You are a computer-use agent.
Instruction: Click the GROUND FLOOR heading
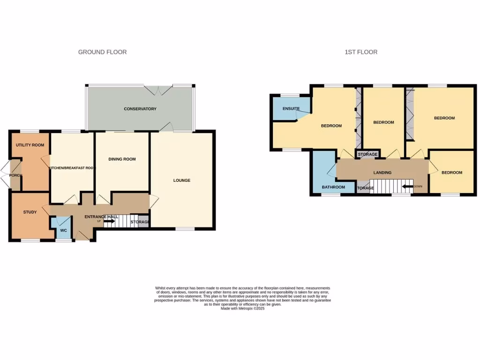point(102,52)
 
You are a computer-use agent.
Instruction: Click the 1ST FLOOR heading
point(361,52)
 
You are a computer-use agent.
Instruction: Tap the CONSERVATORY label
point(140,109)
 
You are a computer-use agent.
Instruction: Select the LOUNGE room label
point(182,180)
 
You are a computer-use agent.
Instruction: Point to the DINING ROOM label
point(122,159)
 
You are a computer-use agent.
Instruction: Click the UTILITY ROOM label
point(30,145)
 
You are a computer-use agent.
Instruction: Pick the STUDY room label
point(30,212)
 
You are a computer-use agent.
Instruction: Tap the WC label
point(64,231)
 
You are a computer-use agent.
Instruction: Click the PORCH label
point(15,175)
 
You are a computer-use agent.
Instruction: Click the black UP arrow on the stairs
point(110,221)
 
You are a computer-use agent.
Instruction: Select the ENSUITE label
point(291,109)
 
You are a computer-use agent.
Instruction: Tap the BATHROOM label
point(333,187)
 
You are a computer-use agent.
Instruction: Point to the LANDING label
point(382,173)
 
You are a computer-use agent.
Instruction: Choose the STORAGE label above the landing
point(368,154)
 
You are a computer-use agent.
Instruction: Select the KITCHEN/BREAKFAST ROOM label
point(72,168)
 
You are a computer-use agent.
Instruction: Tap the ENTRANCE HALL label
point(101,217)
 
